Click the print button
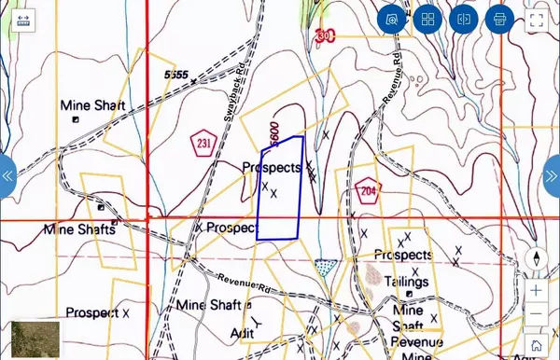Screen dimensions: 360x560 pos(499,18)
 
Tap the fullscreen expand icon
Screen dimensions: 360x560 pos(537,18)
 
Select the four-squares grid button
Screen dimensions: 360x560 pos(427,18)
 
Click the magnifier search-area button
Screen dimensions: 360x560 pos(392,18)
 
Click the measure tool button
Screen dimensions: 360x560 pos(464,18)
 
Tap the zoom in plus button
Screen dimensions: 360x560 pos(537,290)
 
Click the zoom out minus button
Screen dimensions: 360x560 pos(537,315)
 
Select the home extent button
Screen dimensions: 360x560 pos(537,345)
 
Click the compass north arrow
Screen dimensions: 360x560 pos(537,259)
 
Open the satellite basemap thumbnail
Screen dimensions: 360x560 pos(35,339)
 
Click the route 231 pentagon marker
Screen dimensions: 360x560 pos(203,143)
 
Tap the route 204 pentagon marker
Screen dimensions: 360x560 pos(368,190)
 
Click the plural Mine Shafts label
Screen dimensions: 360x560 pos(78,228)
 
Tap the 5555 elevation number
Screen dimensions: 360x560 pos(175,74)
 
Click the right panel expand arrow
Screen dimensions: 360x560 pos(552,175)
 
